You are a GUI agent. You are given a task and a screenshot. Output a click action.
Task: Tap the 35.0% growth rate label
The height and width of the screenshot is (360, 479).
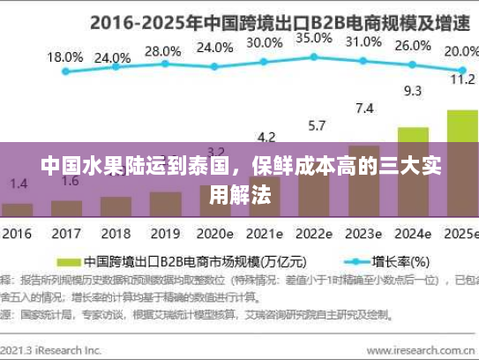click(x=313, y=38)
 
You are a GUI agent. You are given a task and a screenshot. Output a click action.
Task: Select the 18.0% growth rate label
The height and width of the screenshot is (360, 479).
click(x=64, y=56)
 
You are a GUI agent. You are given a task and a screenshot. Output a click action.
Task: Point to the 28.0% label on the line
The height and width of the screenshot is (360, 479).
click(x=161, y=51)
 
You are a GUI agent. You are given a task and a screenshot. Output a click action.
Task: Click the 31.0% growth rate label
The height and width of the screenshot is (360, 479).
click(x=363, y=41)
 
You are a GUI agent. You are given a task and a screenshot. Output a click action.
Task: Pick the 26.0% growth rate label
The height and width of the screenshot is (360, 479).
click(x=412, y=46)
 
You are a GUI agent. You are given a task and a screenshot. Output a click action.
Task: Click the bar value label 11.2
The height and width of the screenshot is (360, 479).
click(x=462, y=79)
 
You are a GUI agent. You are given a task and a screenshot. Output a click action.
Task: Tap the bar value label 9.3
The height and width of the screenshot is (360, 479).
click(x=412, y=90)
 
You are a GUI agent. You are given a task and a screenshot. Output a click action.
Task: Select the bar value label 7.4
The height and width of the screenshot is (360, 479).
click(x=363, y=109)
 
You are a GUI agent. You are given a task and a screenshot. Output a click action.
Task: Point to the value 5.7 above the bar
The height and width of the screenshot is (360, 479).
click(x=314, y=125)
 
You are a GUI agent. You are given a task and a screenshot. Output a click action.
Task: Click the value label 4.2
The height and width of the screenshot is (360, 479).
click(x=265, y=137)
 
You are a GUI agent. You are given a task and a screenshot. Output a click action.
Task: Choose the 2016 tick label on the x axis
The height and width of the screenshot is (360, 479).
click(x=17, y=235)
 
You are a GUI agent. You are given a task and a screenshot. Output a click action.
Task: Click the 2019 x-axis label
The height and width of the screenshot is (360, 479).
click(x=165, y=235)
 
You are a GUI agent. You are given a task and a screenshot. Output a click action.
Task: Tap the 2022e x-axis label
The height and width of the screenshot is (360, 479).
click(x=313, y=235)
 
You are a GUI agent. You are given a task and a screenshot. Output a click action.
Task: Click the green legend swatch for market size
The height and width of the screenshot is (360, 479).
click(x=69, y=262)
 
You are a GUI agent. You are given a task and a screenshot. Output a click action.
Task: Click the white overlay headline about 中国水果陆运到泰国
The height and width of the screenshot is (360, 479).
click(x=241, y=182)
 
